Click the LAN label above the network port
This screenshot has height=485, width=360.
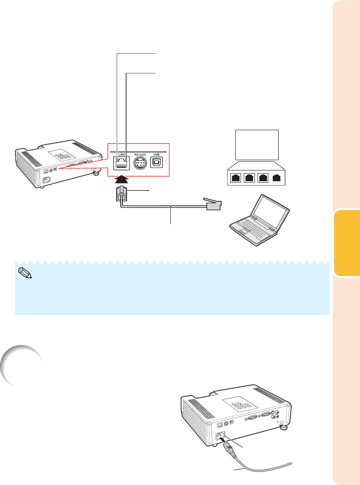pos(122,155)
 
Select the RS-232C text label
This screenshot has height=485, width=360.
pos(139,155)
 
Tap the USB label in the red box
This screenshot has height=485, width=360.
pos(157,155)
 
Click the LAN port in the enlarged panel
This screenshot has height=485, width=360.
pos(121,163)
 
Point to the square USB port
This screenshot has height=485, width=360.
pos(156,163)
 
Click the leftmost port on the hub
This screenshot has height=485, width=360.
pos(236,178)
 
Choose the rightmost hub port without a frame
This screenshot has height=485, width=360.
pos(277,178)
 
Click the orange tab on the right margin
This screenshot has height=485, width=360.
pos(347,243)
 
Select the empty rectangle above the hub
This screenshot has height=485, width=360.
pos(257,145)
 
